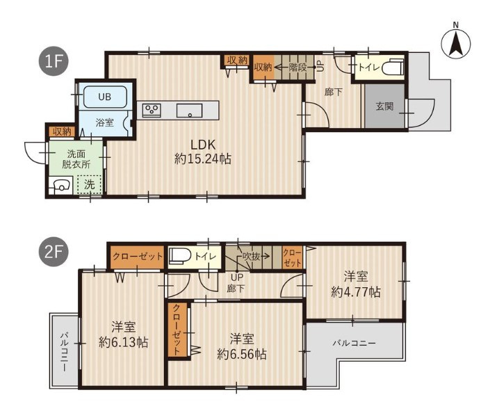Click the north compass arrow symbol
(x=456, y=43)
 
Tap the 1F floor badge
(x=54, y=60)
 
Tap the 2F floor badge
(x=54, y=252)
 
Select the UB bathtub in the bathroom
(x=105, y=97)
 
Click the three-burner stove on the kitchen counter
(x=152, y=111)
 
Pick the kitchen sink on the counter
(x=189, y=111)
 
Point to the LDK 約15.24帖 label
(x=203, y=152)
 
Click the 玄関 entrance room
(x=384, y=106)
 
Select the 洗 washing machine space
(x=90, y=185)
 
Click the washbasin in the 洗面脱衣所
(x=60, y=186)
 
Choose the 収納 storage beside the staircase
(x=263, y=67)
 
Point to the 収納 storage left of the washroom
(x=62, y=131)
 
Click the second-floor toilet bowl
(x=181, y=256)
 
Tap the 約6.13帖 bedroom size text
(x=123, y=342)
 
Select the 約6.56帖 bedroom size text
(x=242, y=354)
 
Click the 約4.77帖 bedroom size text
(x=356, y=292)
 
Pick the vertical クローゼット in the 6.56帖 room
(x=177, y=330)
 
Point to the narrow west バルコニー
(x=65, y=351)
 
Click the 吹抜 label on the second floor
(x=252, y=257)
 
